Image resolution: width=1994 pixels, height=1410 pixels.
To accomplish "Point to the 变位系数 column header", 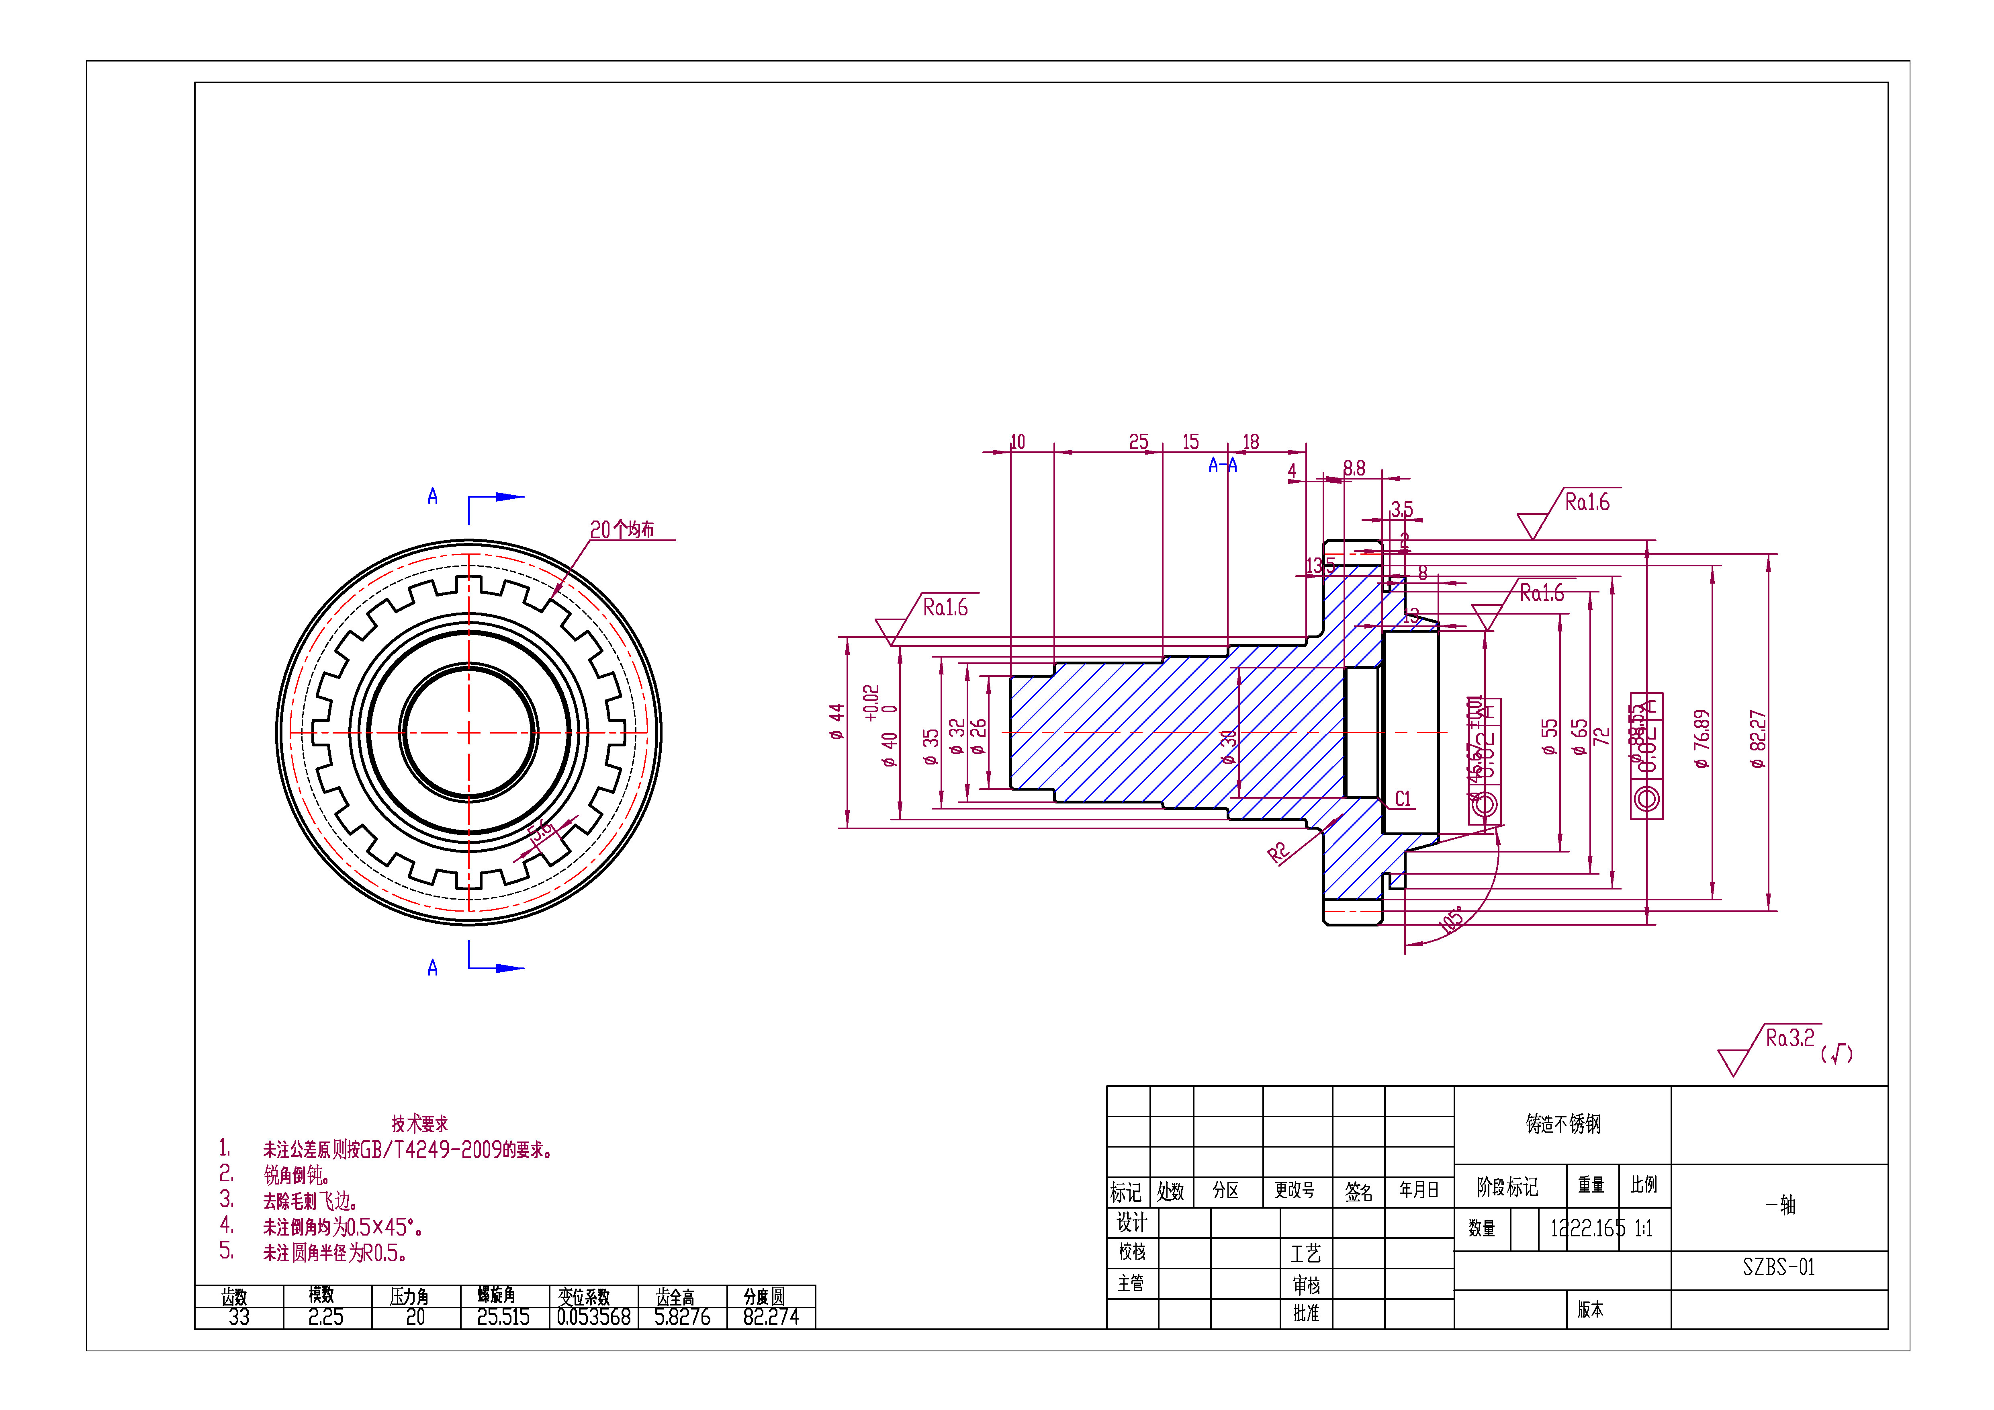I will (584, 1296).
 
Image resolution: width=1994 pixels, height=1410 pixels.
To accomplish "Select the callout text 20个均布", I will (622, 529).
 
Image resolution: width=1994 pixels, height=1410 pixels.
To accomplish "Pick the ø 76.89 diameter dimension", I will (1702, 739).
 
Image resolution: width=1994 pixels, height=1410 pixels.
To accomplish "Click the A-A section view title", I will (1222, 466).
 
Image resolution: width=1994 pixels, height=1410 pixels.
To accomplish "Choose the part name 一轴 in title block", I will (1779, 1205).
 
